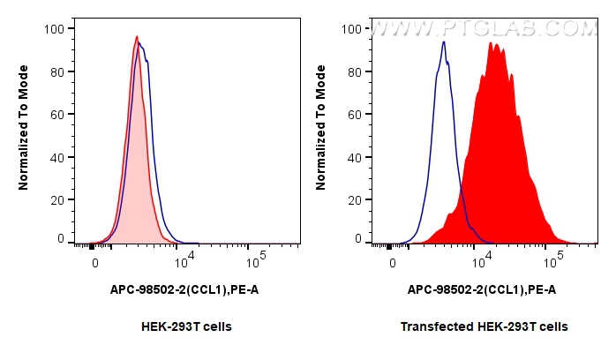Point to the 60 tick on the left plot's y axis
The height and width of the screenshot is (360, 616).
click(x=56, y=115)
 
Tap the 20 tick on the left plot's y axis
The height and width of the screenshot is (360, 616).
click(x=56, y=200)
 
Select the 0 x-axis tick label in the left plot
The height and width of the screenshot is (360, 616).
click(x=95, y=262)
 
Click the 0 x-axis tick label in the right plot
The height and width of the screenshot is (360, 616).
click(x=393, y=262)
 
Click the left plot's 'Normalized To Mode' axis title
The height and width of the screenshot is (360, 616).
click(x=25, y=132)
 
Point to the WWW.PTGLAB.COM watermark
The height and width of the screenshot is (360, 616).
click(x=485, y=28)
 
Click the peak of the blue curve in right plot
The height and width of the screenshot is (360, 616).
click(x=444, y=41)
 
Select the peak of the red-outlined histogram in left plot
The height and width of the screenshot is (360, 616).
click(x=137, y=36)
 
